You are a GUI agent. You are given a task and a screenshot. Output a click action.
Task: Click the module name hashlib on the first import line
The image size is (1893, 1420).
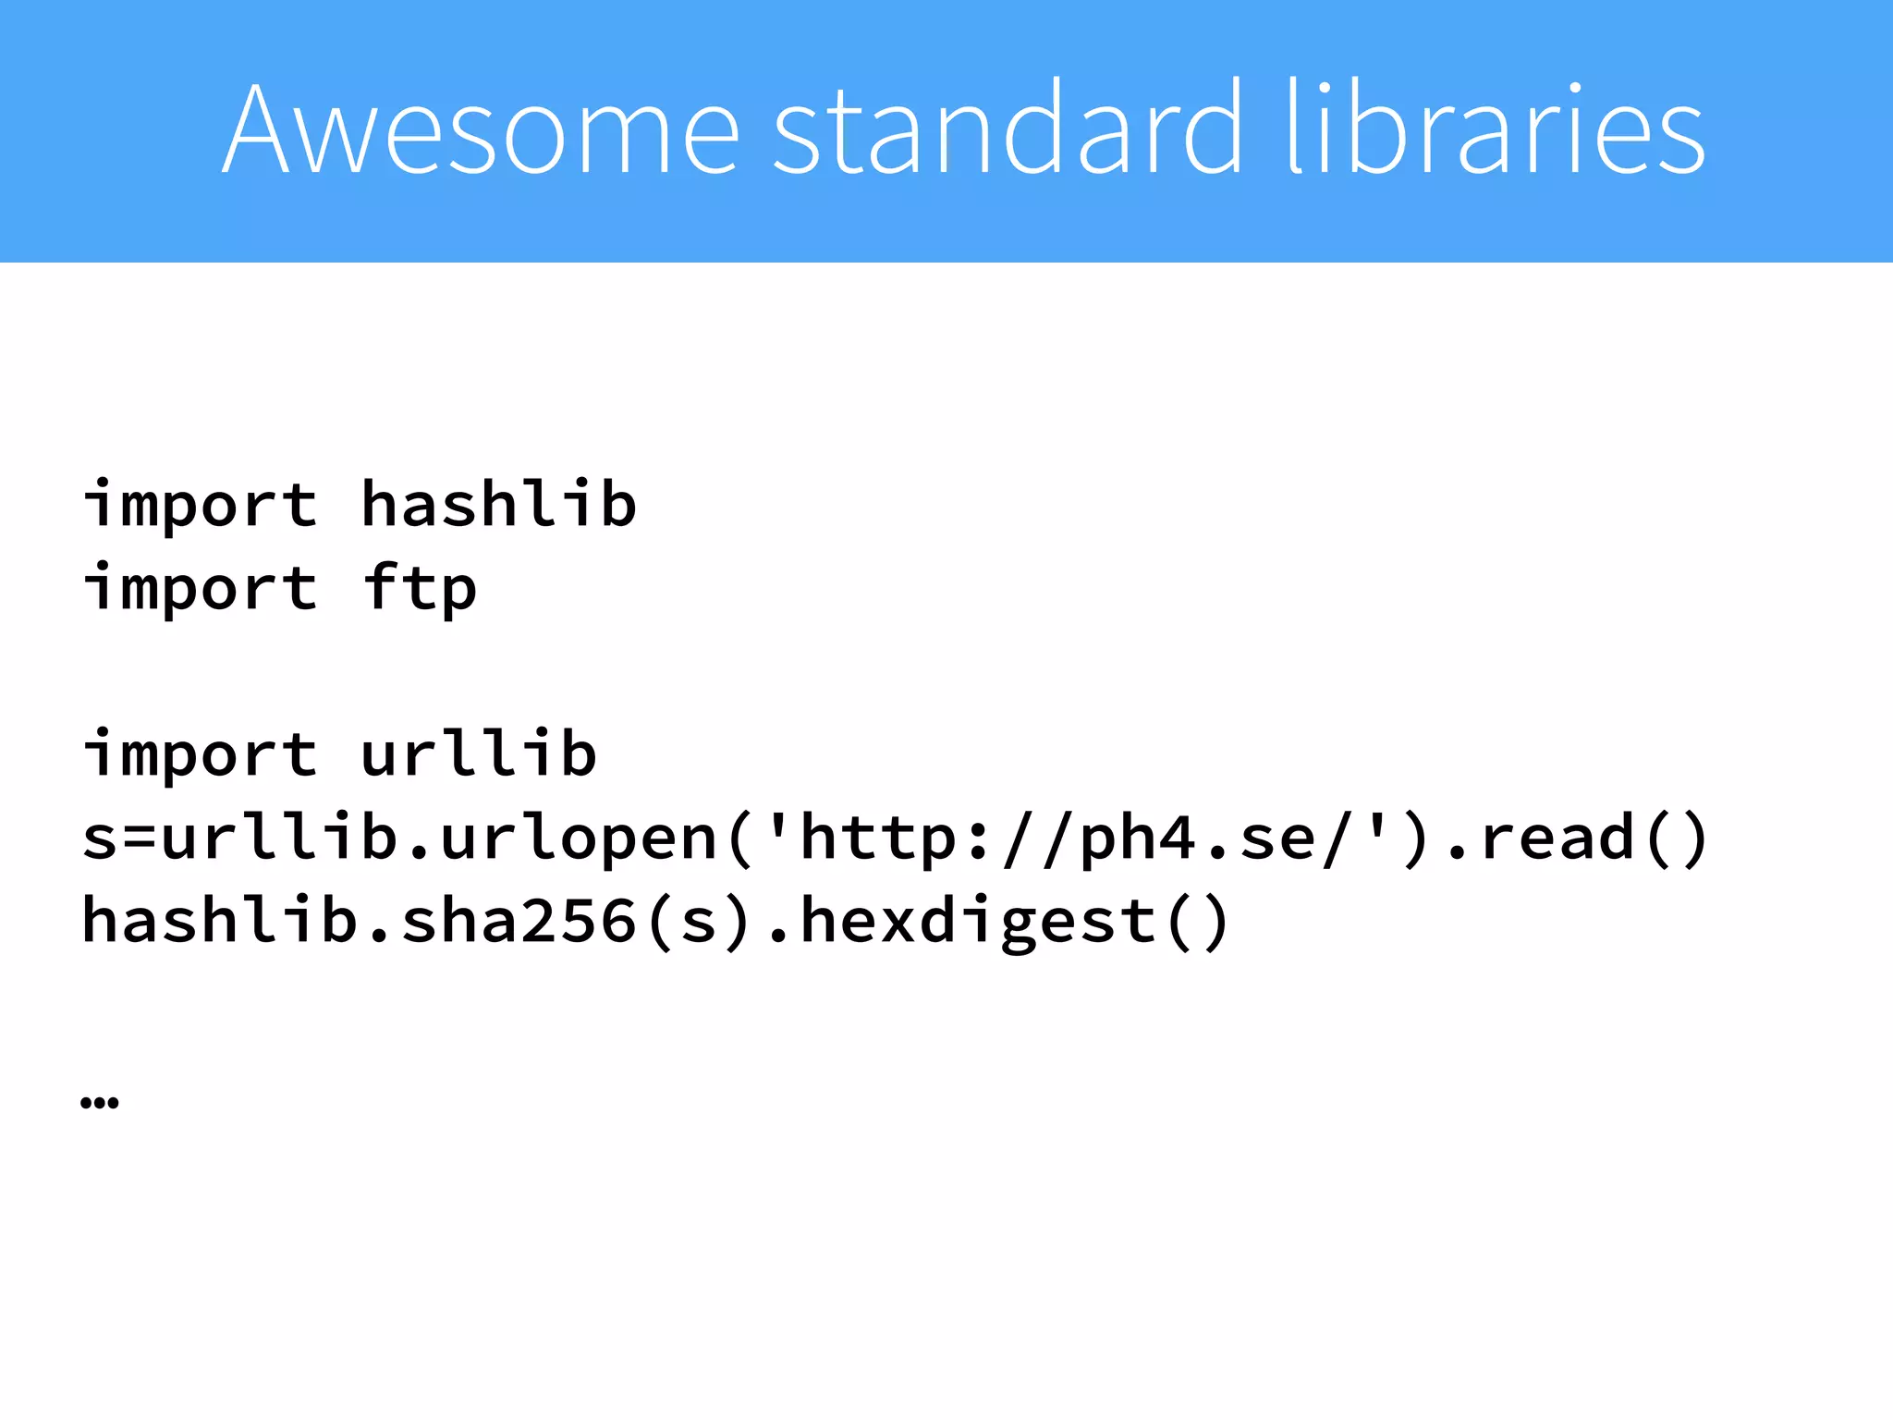(498, 505)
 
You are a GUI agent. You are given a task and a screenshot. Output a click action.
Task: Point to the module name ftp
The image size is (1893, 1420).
(420, 588)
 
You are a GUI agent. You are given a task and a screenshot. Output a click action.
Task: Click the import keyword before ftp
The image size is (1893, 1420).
(201, 588)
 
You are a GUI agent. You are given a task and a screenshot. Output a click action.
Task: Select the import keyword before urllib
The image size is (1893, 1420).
(201, 754)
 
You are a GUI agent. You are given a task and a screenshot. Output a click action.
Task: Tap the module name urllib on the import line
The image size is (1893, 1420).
(479, 754)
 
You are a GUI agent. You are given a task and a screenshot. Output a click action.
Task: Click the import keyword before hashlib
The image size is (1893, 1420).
(201, 505)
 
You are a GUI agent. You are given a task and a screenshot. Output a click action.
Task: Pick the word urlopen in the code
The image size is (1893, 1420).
(579, 838)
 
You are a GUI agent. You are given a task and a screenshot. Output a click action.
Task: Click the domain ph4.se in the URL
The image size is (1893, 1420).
(1199, 838)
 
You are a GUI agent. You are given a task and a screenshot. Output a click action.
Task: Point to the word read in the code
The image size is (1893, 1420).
(1557, 838)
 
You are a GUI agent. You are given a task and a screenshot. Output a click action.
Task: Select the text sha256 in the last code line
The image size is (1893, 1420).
(519, 921)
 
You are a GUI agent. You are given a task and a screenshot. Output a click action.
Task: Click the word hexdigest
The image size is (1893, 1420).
(978, 921)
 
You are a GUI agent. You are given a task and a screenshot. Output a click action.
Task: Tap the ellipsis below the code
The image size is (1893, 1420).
(100, 1101)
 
